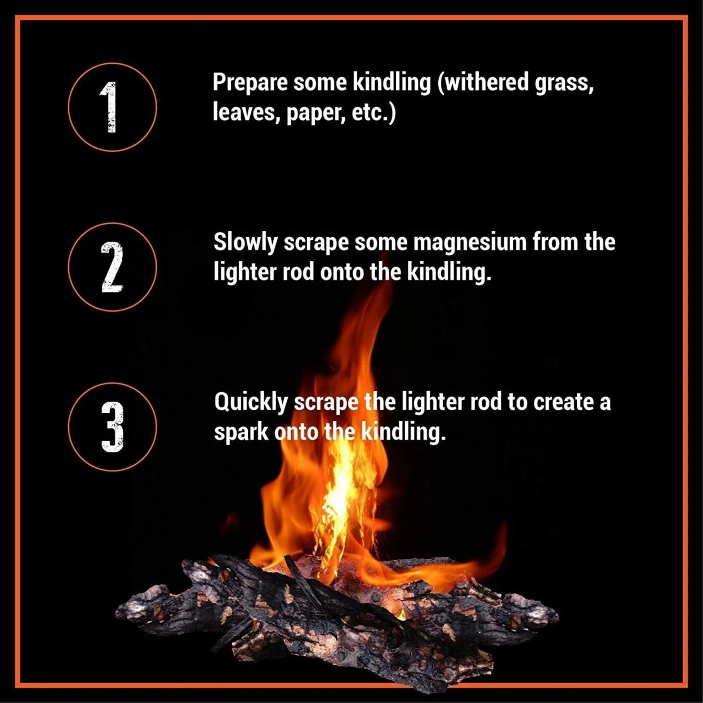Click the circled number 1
coord(112,107)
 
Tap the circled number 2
coord(112,267)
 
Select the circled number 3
coord(112,426)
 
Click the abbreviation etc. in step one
coord(373,113)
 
